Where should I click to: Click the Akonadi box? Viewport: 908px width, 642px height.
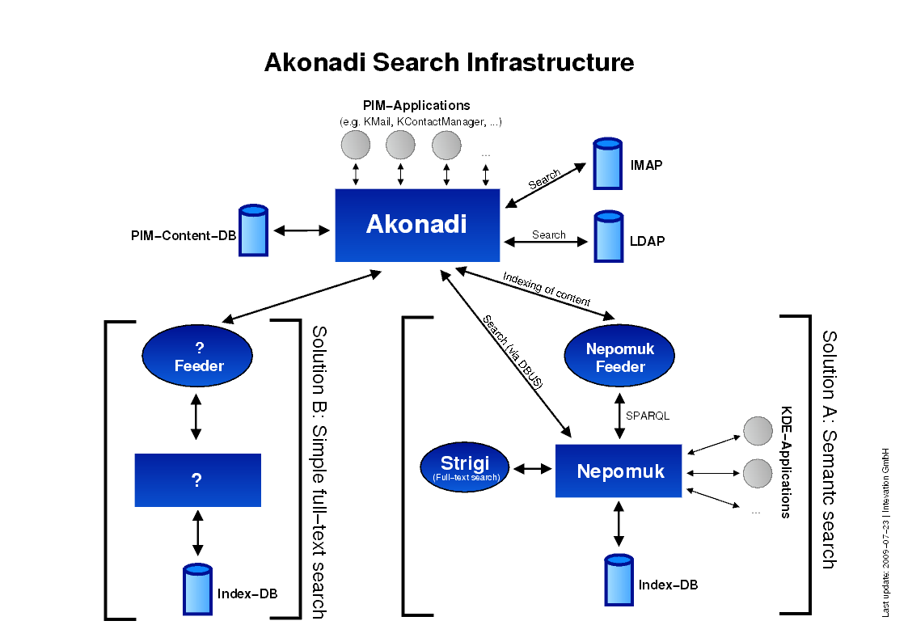tap(417, 225)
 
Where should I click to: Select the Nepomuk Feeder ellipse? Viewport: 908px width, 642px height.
tap(620, 358)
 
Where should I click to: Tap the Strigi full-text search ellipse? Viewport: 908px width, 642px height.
tap(466, 468)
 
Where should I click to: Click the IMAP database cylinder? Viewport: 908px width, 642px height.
tap(608, 165)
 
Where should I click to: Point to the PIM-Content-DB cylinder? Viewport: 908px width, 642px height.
tap(253, 231)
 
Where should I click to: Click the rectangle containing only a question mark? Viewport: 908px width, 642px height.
tap(197, 480)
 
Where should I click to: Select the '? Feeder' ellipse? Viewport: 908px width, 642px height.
tap(198, 357)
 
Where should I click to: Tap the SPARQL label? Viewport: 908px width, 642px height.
tap(648, 416)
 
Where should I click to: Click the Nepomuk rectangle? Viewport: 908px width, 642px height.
tap(619, 471)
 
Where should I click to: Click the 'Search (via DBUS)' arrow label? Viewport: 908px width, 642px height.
tap(512, 353)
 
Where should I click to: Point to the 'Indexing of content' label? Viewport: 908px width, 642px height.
tap(547, 289)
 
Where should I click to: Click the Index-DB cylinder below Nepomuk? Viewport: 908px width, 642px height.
tap(619, 580)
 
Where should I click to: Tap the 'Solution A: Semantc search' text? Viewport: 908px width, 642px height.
tap(829, 449)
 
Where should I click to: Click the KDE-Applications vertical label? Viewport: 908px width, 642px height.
tap(785, 462)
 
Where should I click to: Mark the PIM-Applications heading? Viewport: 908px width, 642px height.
tap(416, 105)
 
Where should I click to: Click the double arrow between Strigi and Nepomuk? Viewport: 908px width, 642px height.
tap(533, 469)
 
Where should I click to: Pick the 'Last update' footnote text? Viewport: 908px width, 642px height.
tap(886, 532)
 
